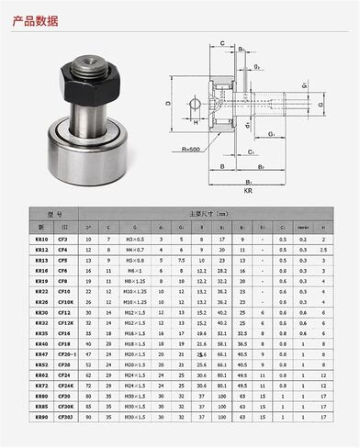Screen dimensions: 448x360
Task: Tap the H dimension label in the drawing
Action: [195, 120]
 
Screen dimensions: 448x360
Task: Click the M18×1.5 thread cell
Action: [135, 367]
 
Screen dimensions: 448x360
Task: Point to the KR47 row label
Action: [40, 377]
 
